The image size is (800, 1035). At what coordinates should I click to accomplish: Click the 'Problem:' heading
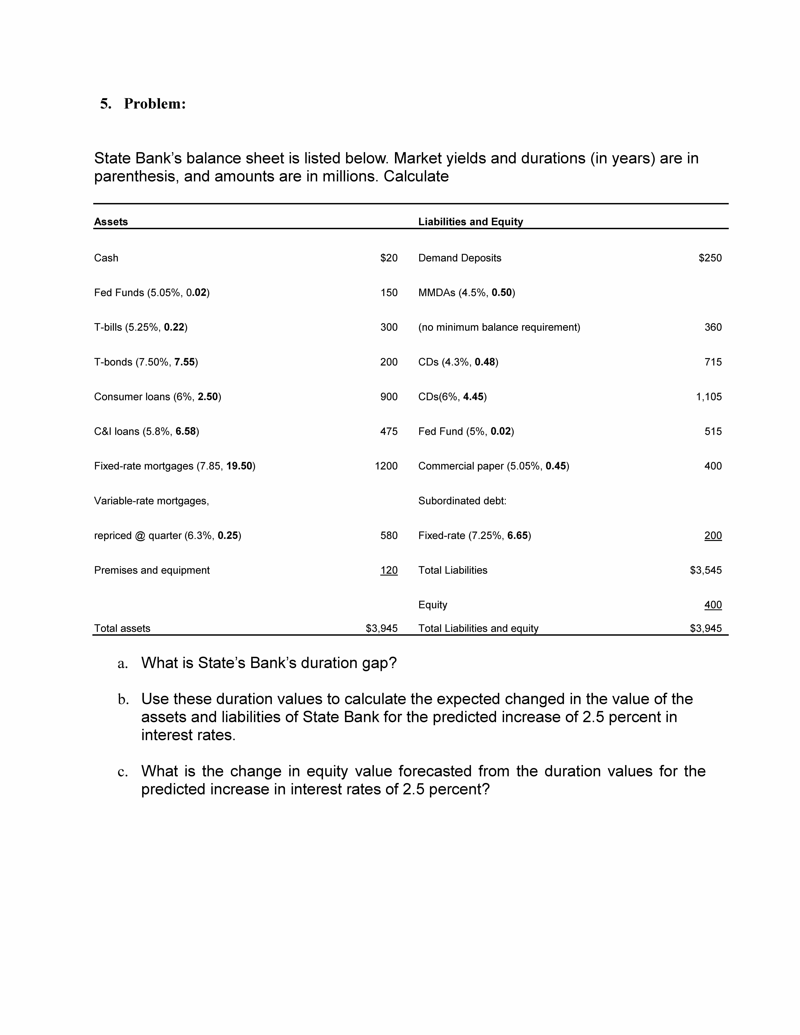(155, 104)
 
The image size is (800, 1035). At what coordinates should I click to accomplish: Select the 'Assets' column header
(111, 222)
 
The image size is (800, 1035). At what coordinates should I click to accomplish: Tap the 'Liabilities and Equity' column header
(470, 222)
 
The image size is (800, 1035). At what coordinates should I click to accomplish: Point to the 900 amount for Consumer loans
(389, 397)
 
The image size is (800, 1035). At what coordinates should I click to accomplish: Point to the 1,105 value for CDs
(708, 397)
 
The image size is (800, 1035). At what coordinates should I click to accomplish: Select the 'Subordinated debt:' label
(462, 501)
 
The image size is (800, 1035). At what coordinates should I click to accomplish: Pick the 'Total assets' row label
(122, 628)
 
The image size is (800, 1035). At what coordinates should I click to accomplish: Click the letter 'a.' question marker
(123, 663)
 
